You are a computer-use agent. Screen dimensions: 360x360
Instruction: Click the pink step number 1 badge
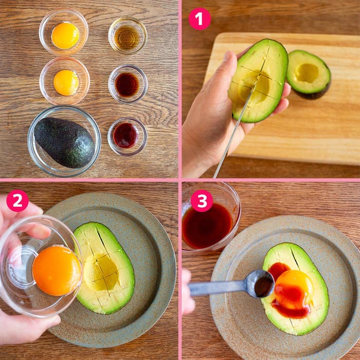[x=200, y=19]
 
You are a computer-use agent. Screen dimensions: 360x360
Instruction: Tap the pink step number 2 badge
[x=17, y=201]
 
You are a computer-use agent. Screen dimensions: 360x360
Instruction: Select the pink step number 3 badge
[x=202, y=201]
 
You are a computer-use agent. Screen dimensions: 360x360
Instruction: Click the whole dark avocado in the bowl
[x=64, y=142]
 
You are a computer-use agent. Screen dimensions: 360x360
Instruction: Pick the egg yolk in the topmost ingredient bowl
[x=65, y=35]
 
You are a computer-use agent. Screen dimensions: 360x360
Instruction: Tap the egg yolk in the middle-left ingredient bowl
[x=66, y=82]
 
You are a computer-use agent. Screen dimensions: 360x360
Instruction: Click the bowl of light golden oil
[x=128, y=35]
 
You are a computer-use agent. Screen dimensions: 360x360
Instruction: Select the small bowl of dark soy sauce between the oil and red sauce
[x=128, y=84]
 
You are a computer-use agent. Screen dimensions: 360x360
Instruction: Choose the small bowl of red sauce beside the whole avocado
[x=127, y=136]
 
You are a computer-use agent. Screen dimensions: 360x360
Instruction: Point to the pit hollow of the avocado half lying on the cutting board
[x=307, y=73]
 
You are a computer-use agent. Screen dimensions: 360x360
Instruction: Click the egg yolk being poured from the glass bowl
[x=57, y=271]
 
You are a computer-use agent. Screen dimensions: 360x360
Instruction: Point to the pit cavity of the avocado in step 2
[x=102, y=272]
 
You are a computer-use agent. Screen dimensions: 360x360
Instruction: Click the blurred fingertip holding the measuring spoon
[x=188, y=292]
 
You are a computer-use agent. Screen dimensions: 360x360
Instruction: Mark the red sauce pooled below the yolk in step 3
[x=291, y=309]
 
